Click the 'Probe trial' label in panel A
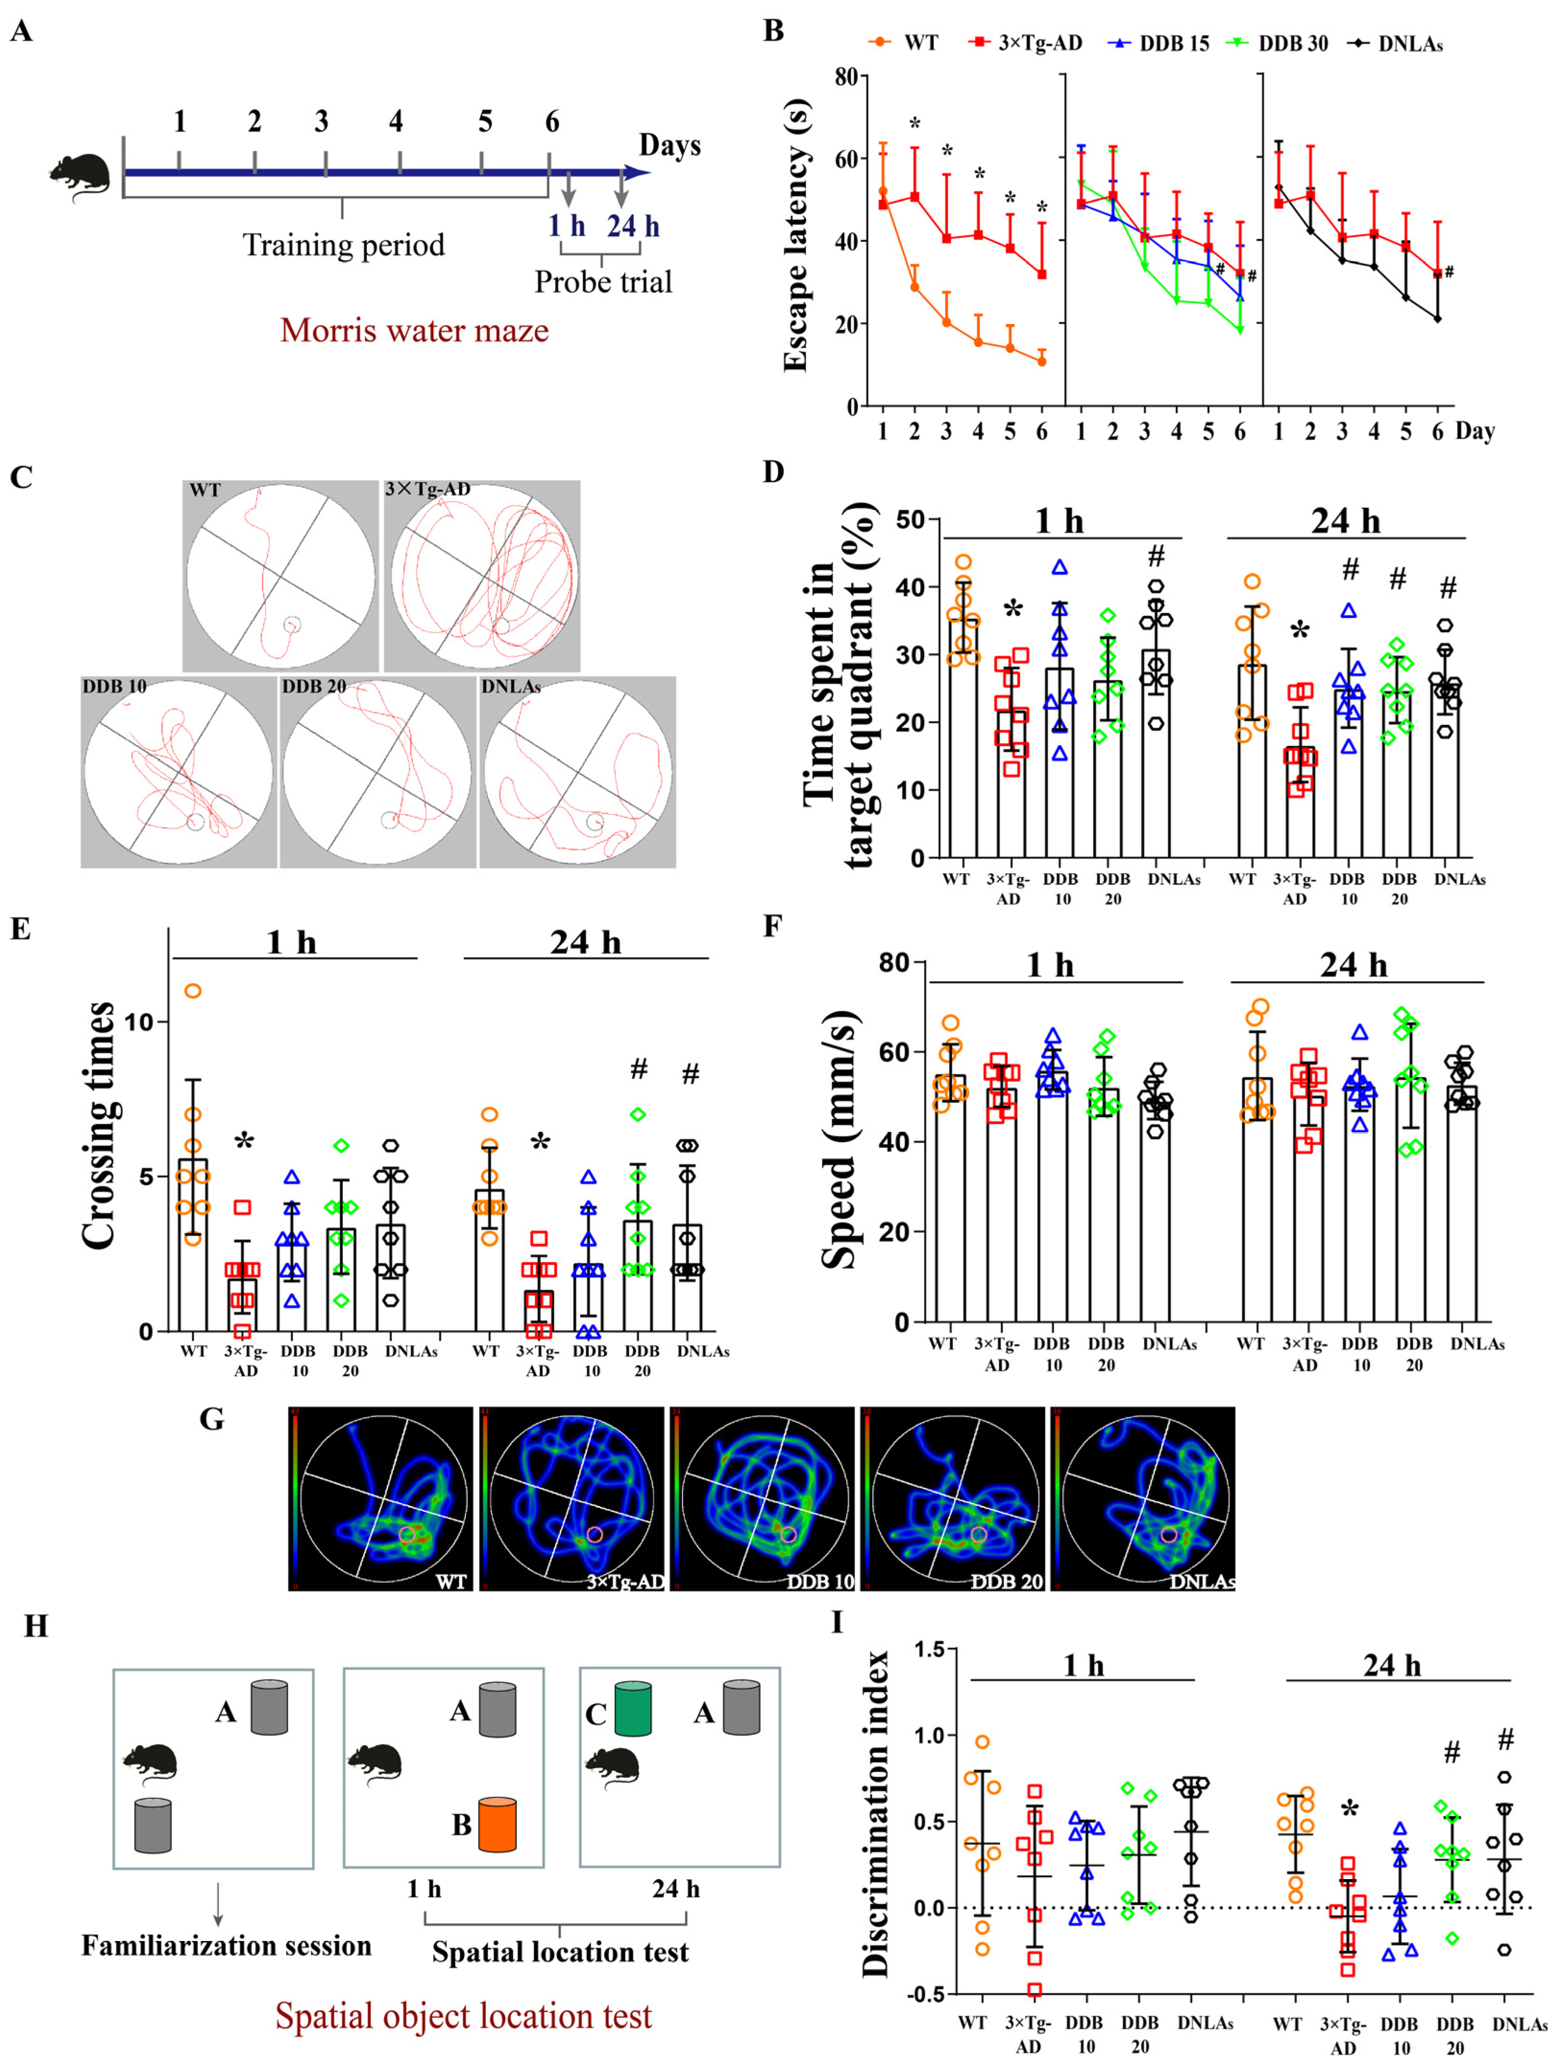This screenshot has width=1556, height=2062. point(602,281)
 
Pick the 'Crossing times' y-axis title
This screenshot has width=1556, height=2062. point(99,1125)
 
